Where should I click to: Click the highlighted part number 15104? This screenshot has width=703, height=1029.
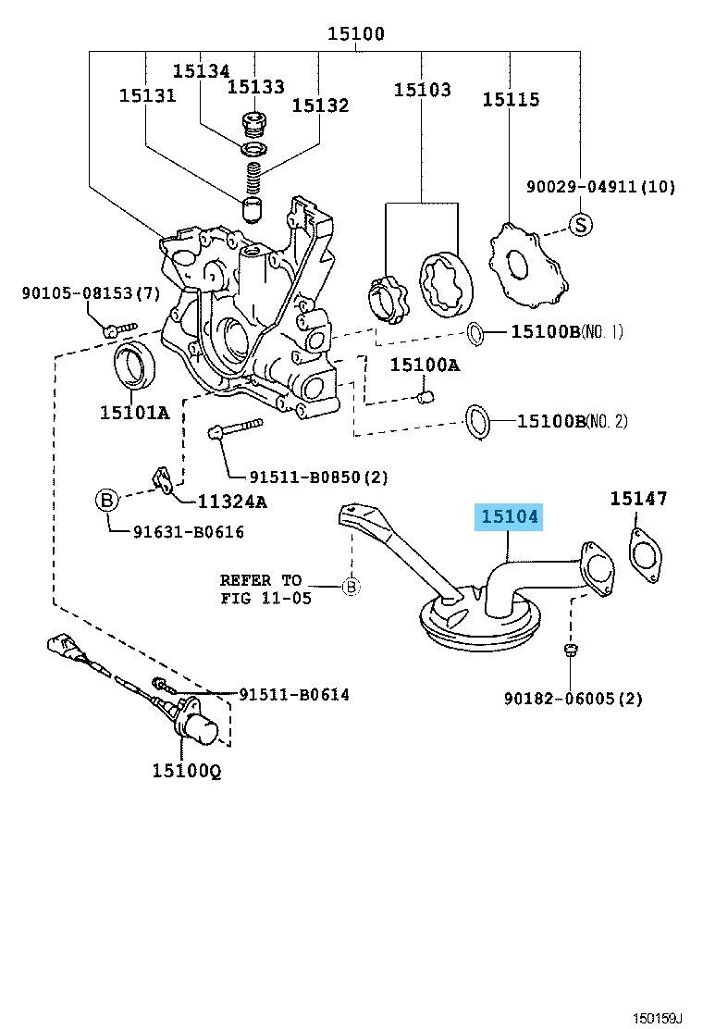(508, 517)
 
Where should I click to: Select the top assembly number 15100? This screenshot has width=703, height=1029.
(355, 35)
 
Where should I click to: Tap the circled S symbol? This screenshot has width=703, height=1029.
(579, 224)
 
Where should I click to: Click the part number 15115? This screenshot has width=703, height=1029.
(511, 99)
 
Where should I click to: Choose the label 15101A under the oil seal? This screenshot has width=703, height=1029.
(135, 413)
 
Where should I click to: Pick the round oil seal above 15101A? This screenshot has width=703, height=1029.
(134, 364)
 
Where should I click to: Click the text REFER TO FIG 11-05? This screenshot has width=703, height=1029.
(261, 589)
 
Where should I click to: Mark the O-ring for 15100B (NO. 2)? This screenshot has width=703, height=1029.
(477, 419)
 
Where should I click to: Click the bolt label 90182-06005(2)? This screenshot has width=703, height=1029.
(573, 698)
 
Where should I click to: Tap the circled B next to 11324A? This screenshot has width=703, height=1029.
(107, 502)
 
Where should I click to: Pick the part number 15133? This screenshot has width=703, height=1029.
(256, 86)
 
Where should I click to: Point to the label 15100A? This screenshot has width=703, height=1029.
(424, 365)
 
